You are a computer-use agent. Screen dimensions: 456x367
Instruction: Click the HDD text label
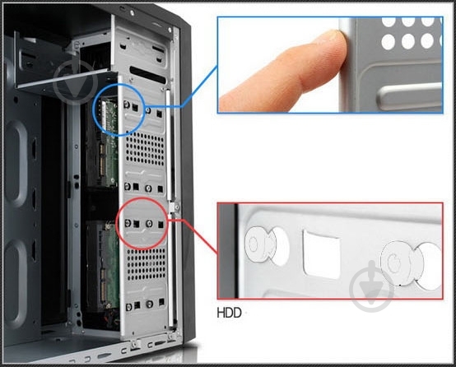coord(229,313)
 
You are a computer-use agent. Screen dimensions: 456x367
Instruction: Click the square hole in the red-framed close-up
coord(322,253)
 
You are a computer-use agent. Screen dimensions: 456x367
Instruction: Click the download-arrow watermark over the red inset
coord(371,286)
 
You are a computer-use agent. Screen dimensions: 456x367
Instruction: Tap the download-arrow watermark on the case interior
coord(75,82)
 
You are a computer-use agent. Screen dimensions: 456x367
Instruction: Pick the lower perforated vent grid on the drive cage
coord(146,264)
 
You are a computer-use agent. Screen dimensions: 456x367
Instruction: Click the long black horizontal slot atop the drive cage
coord(147,75)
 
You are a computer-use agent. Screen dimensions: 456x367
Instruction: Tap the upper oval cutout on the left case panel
coord(16,164)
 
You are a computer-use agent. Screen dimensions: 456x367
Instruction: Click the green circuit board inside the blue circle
coord(109,116)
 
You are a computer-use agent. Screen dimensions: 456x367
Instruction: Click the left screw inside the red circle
coord(128,223)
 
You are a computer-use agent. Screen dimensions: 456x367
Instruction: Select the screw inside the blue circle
coord(127,105)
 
